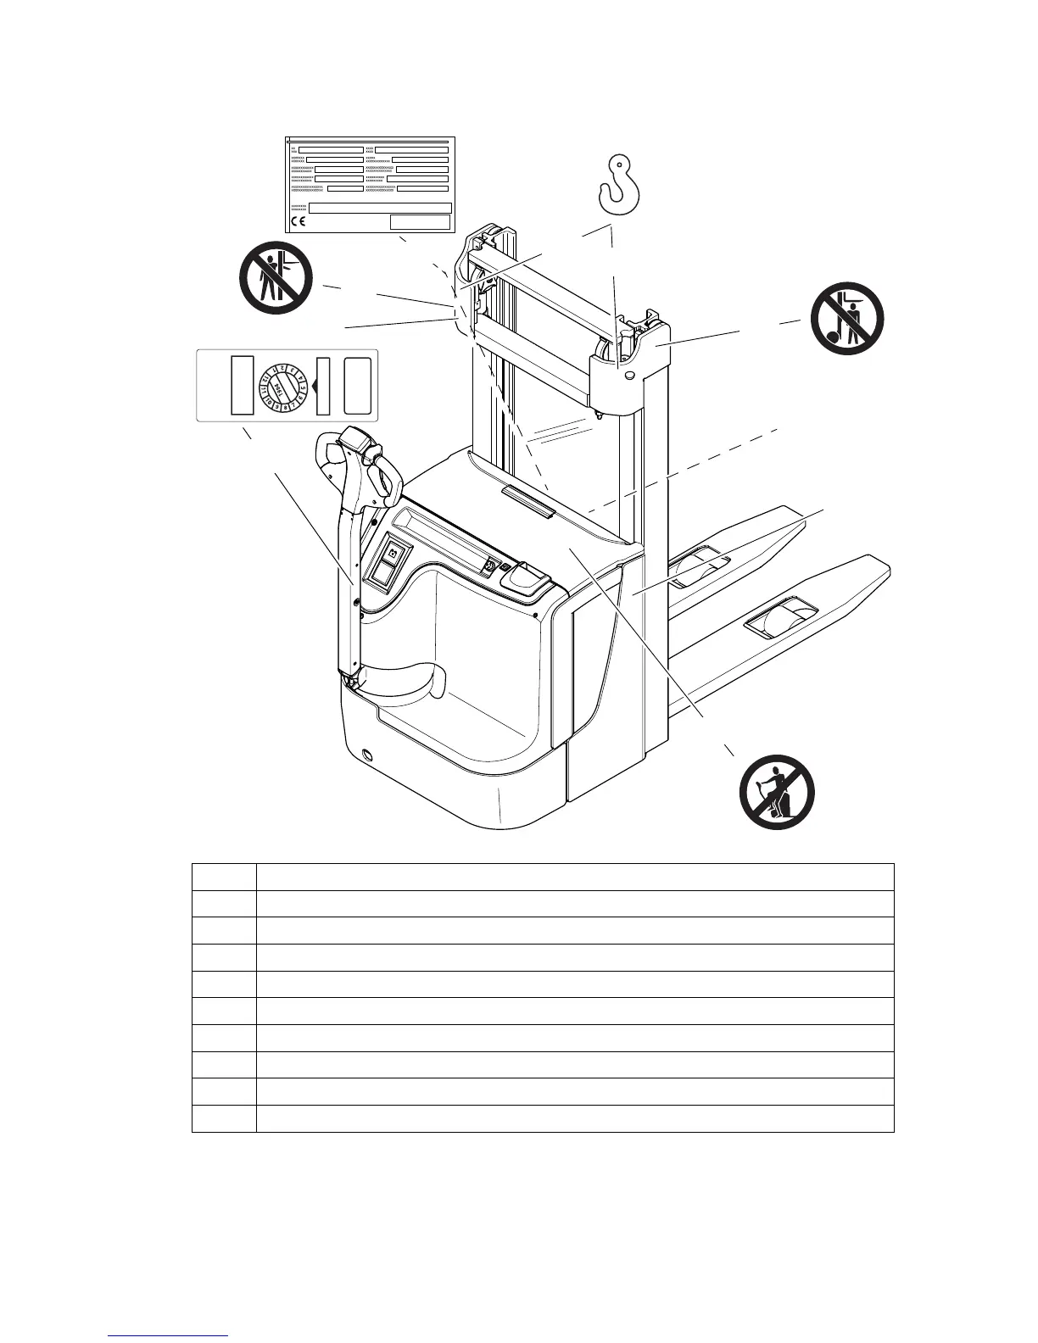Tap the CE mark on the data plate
pyautogui.click(x=299, y=222)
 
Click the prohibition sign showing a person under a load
pyautogui.click(x=847, y=320)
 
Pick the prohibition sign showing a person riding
pyautogui.click(x=777, y=793)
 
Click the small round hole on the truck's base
pyautogui.click(x=367, y=755)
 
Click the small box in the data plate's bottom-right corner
pyautogui.click(x=420, y=222)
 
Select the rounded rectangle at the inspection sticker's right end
pyautogui.click(x=358, y=386)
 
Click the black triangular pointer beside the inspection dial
pyautogui.click(x=313, y=386)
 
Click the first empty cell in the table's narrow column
pyautogui.click(x=224, y=877)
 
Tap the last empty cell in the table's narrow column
pyautogui.click(x=224, y=1118)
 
